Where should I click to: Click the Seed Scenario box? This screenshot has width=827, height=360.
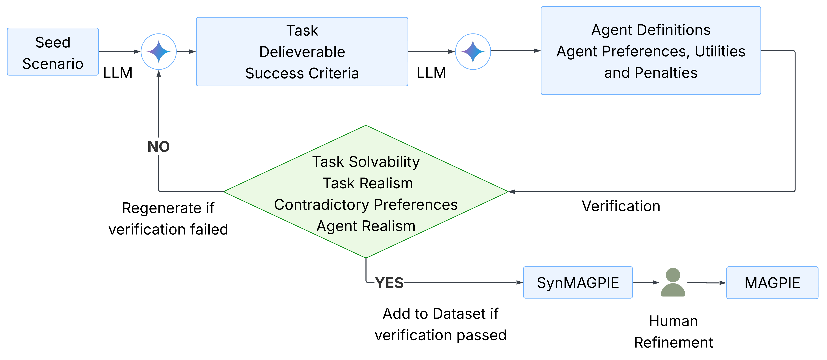pyautogui.click(x=53, y=52)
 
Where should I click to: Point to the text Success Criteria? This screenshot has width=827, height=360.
pyautogui.click(x=302, y=73)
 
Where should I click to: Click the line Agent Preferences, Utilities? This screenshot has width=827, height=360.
pyautogui.click(x=651, y=51)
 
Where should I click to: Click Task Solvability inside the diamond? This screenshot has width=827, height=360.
pyautogui.click(x=366, y=162)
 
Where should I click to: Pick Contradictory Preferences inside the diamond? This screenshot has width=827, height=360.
pyautogui.click(x=366, y=205)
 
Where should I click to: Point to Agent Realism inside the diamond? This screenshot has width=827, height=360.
pyautogui.click(x=366, y=226)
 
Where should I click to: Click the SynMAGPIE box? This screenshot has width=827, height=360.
pyautogui.click(x=578, y=283)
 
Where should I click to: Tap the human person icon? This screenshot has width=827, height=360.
pyautogui.click(x=673, y=283)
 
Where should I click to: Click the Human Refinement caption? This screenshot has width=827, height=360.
pyautogui.click(x=673, y=331)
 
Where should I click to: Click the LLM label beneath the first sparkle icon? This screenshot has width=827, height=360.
pyautogui.click(x=118, y=73)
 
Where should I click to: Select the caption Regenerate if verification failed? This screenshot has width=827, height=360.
pyautogui.click(x=168, y=219)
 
